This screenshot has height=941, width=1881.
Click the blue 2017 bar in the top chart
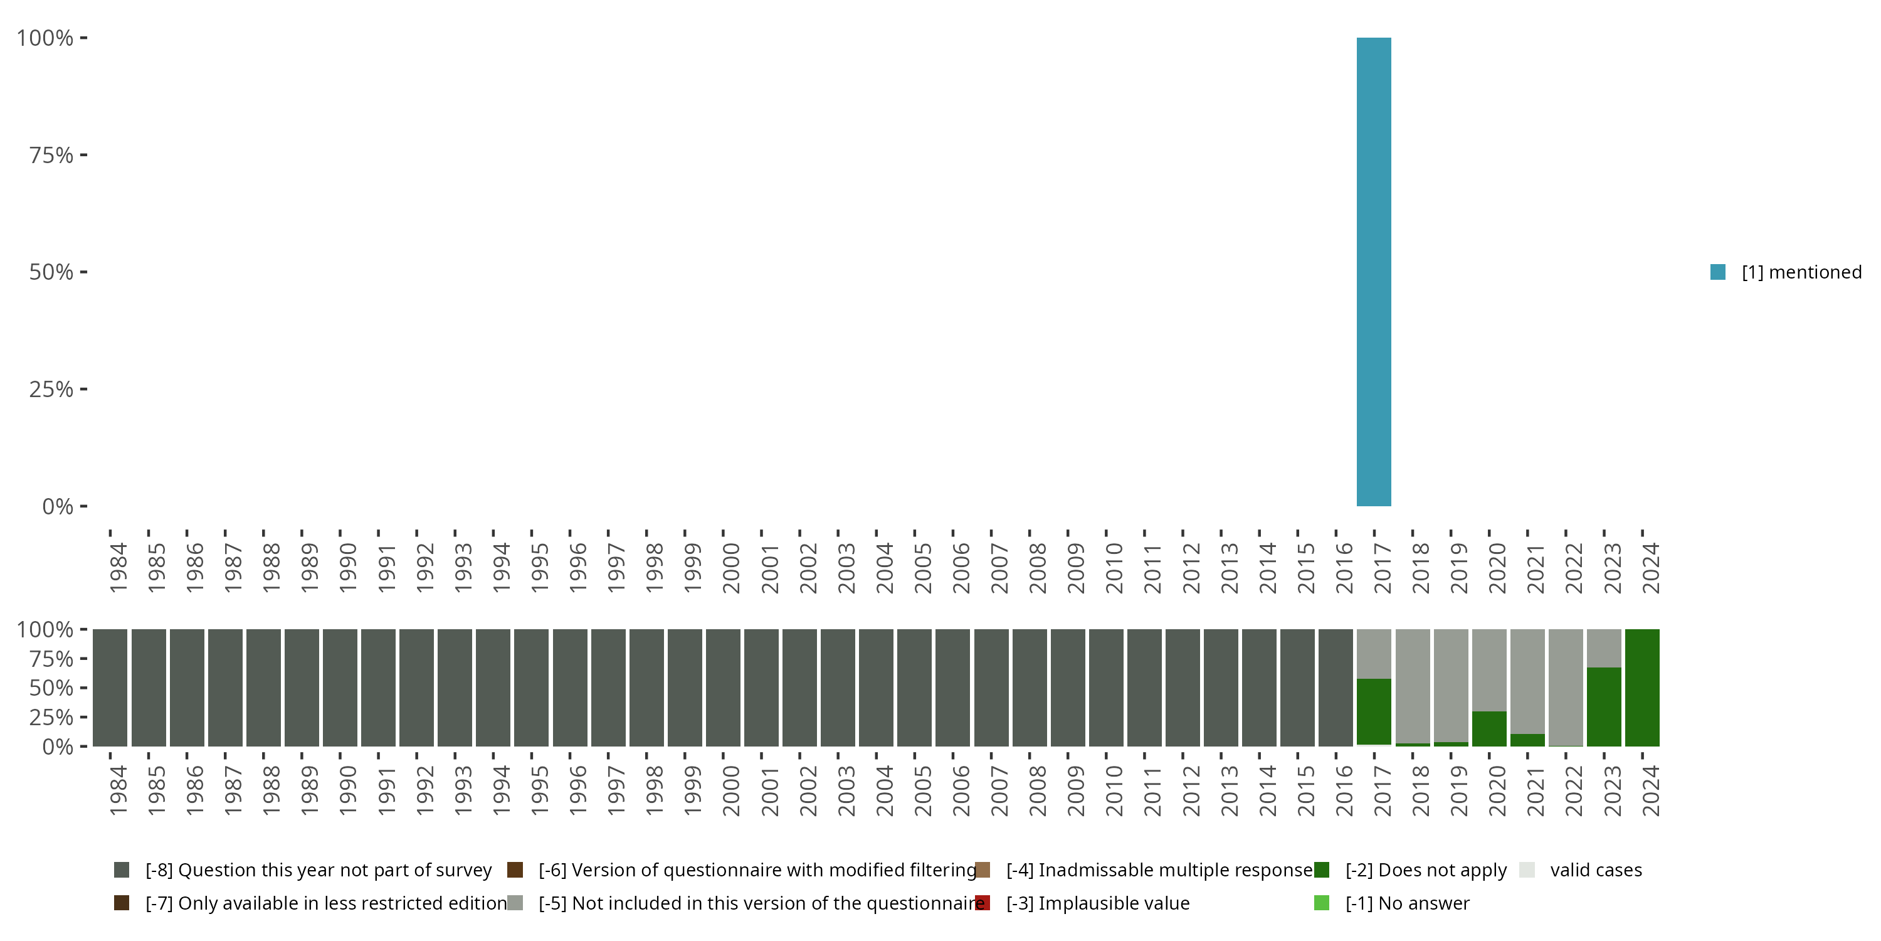[1374, 272]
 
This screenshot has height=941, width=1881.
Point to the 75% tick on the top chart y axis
[52, 155]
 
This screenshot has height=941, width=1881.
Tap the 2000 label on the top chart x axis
[731, 568]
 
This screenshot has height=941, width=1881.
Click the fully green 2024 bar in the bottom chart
[1642, 688]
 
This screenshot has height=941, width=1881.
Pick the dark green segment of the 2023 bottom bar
[1603, 706]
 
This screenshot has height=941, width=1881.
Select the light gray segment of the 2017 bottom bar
[1374, 654]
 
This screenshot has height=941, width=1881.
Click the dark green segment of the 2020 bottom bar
[1489, 728]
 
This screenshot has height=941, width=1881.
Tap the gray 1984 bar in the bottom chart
[110, 688]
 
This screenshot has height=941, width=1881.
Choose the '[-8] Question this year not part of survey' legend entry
[318, 870]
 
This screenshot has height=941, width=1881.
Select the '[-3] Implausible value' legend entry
[1097, 903]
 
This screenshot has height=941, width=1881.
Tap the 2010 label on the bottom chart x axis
[1114, 790]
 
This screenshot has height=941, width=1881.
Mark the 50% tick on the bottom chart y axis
[52, 688]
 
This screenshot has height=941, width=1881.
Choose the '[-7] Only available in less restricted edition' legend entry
[325, 903]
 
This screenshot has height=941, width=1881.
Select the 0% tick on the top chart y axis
[58, 506]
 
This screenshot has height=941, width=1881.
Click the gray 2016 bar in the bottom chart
[1336, 688]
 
